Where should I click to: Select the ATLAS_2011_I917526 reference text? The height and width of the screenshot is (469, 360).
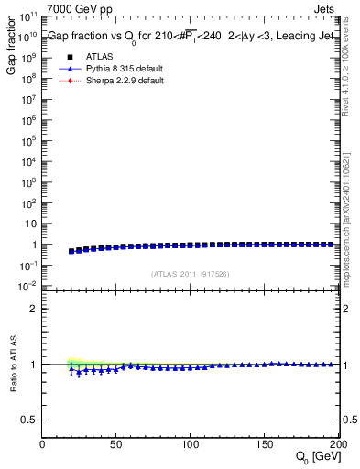191,274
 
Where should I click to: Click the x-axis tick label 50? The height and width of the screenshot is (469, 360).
116,444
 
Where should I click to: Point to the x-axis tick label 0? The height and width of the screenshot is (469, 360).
43,444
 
